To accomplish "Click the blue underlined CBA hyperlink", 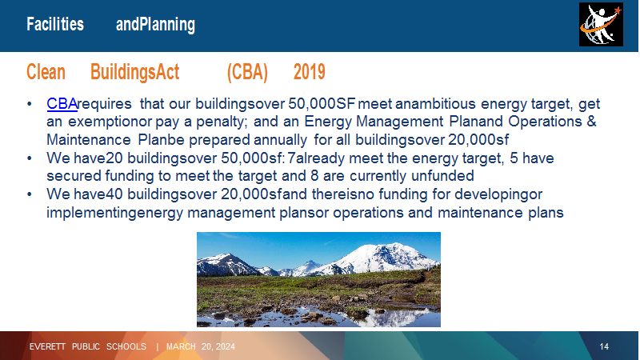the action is [62, 104].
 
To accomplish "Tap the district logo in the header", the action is [601, 25].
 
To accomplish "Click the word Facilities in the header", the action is [55, 24].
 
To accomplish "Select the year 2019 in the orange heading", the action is [309, 72].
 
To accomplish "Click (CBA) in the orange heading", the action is [247, 72].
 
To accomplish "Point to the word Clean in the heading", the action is [46, 72].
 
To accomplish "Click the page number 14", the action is [604, 346].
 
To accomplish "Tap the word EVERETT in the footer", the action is [47, 346].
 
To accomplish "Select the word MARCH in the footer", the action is [181, 346].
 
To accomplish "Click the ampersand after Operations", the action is [592, 122].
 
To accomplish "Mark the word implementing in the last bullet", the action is [90, 213].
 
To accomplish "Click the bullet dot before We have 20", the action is [30, 158].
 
